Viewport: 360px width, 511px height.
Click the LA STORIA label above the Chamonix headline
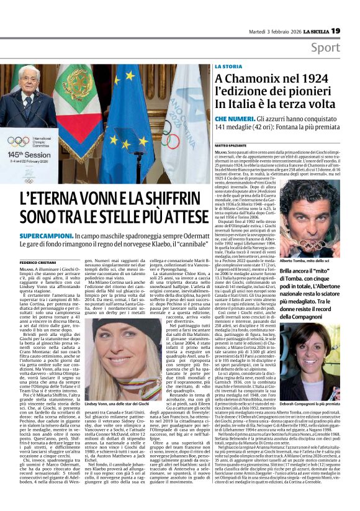coord(228,65)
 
